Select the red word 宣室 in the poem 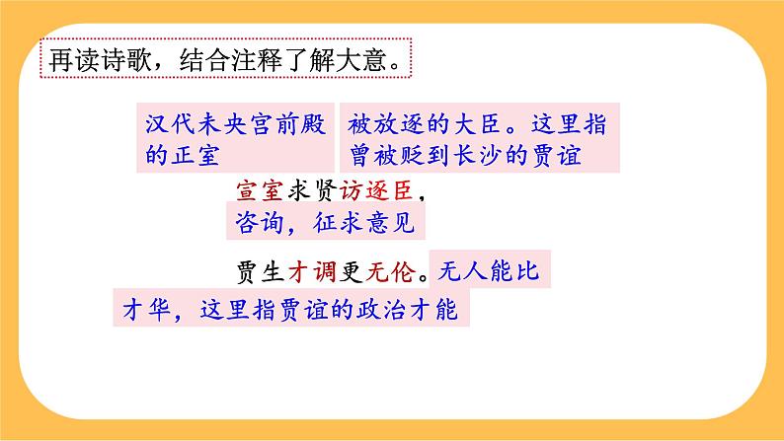point(260,189)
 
